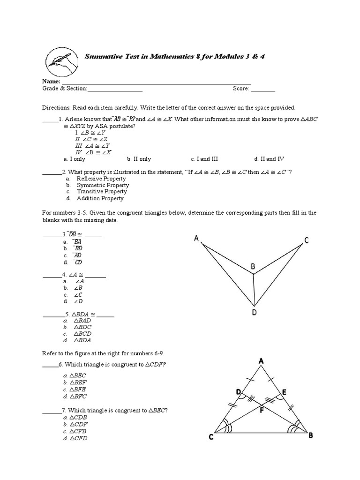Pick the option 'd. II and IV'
[269, 159]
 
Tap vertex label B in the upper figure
[253, 266]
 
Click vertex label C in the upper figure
[306, 240]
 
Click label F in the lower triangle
[262, 409]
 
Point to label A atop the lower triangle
[260, 361]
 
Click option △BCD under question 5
[81, 334]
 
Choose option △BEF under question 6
[78, 382]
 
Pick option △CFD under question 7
[78, 438]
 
